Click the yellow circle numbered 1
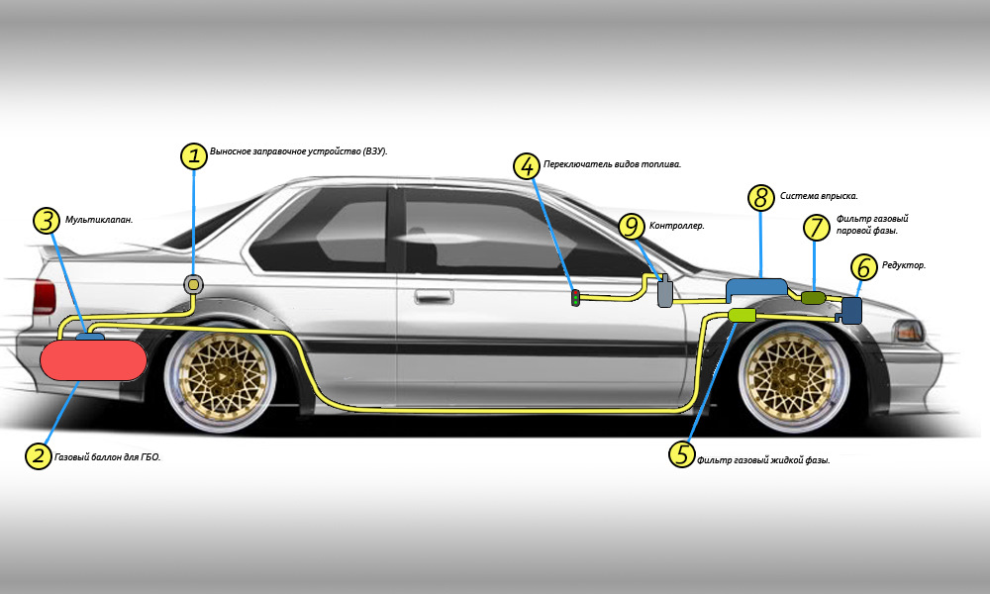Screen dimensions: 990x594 [x=194, y=155]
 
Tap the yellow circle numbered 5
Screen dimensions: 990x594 [x=682, y=453]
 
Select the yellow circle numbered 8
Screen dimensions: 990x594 [x=760, y=198]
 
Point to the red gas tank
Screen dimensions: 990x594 [x=93, y=359]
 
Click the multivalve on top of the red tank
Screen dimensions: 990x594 [x=90, y=337]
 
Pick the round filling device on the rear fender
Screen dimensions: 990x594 [x=194, y=285]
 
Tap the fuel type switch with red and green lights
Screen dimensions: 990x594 [x=575, y=297]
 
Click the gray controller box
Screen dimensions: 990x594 [x=665, y=291]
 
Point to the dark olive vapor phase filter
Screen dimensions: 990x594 [x=813, y=297]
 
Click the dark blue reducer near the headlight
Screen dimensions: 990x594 [x=851, y=311]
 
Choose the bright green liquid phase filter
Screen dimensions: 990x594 [x=742, y=315]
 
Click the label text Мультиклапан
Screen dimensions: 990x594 [x=99, y=220]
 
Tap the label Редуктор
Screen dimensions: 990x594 [x=904, y=265]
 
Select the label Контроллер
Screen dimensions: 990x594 [x=677, y=226]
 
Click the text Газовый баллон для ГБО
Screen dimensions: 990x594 [x=107, y=457]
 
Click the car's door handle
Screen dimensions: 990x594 [x=434, y=296]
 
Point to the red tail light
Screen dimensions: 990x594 [x=45, y=297]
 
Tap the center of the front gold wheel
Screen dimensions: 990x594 [x=793, y=376]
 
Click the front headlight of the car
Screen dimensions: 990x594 [x=909, y=331]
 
